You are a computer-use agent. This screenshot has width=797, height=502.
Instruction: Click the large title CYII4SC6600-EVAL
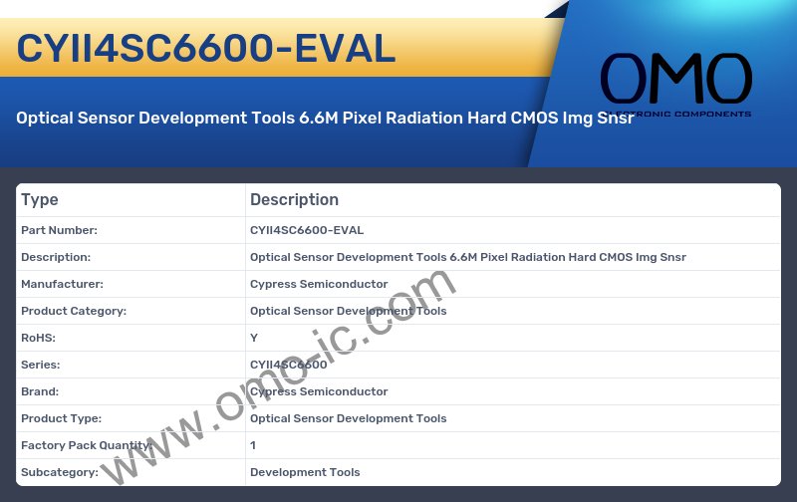(206, 48)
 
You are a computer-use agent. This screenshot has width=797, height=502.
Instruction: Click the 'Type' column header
(40, 199)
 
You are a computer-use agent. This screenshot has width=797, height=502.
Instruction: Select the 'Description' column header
(294, 199)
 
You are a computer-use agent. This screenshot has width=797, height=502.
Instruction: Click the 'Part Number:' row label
(59, 230)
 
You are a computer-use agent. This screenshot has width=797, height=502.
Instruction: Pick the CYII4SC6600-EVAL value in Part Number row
(307, 230)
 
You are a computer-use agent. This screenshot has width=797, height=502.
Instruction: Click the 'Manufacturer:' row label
(62, 284)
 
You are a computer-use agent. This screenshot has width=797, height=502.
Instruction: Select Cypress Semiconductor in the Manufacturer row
(319, 284)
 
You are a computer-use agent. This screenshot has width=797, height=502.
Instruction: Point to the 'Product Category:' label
(74, 311)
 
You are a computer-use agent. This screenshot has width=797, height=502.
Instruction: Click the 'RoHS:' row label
(38, 338)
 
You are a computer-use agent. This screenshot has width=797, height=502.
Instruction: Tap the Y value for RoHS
(254, 338)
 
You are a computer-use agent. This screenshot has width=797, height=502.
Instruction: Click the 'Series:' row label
(40, 365)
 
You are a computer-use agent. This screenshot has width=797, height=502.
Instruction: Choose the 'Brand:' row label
(40, 391)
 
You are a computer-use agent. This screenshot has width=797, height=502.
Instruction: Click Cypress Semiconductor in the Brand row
(319, 391)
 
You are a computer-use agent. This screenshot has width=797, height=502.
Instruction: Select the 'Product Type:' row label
(61, 418)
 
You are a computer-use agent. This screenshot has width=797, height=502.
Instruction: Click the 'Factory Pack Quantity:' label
(85, 445)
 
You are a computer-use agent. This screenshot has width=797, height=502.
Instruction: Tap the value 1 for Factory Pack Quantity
(253, 445)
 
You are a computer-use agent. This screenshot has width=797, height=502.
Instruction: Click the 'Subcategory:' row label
(59, 472)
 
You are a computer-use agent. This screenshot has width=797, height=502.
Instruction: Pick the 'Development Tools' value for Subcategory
(305, 472)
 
